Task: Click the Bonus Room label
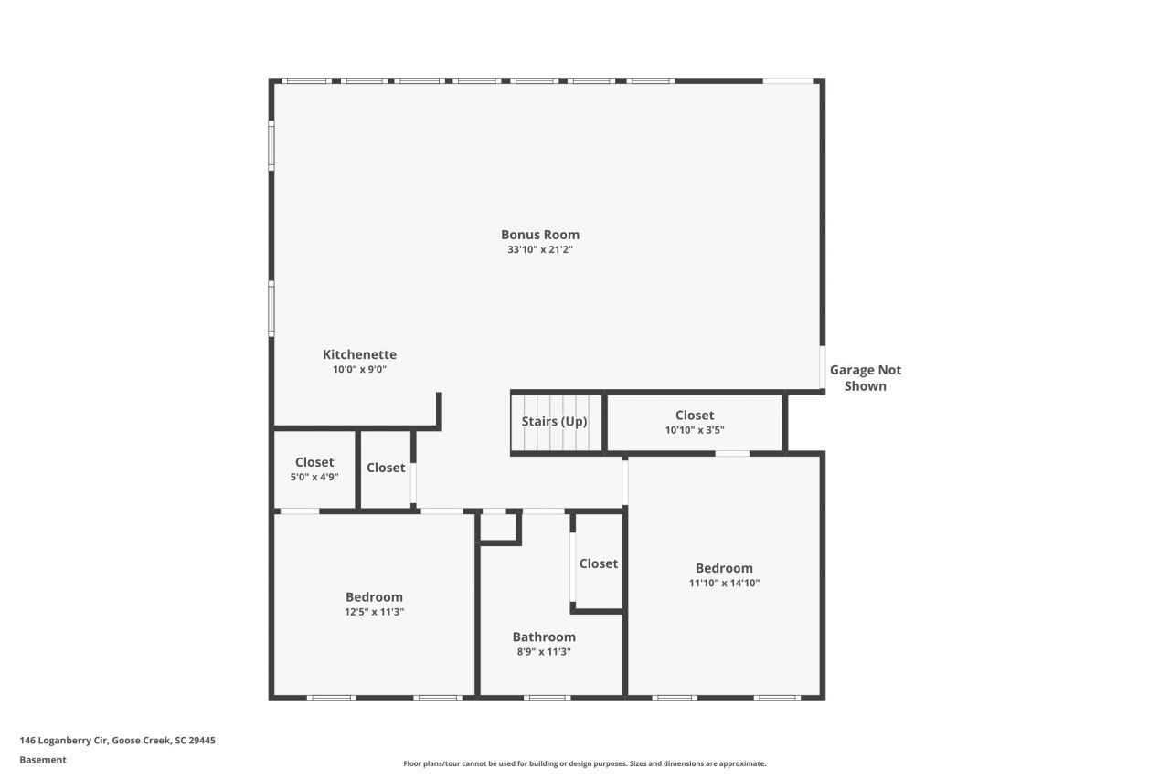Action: [x=539, y=235]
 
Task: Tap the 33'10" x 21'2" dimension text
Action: [x=539, y=249]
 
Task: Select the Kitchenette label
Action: [x=359, y=354]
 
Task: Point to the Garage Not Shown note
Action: [x=865, y=377]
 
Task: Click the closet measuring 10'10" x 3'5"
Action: [x=695, y=422]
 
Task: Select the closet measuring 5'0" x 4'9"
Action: [x=314, y=469]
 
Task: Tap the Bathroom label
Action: [x=544, y=637]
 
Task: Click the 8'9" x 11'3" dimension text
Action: [x=544, y=652]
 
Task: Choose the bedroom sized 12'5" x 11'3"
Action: [x=374, y=604]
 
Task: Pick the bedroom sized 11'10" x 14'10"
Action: [x=724, y=574]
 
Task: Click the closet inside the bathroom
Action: [x=599, y=563]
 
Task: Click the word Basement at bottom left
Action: [x=43, y=760]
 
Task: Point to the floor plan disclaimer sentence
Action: [x=585, y=763]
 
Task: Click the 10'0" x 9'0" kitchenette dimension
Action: [x=359, y=370]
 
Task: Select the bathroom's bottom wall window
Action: [x=548, y=698]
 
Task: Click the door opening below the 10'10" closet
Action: [x=732, y=453]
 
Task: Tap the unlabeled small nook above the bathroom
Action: [x=499, y=527]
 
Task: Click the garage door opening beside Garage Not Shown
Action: [x=823, y=367]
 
